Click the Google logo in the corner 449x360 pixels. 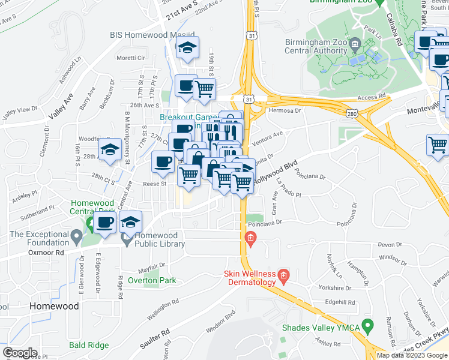click(19, 353)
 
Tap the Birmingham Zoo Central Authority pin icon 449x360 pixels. click(355, 44)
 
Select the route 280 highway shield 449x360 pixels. click(353, 113)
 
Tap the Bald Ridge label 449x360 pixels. click(89, 345)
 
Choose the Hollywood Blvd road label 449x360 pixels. click(275, 172)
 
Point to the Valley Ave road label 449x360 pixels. click(60, 106)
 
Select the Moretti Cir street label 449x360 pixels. click(131, 58)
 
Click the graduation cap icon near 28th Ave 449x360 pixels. click(110, 150)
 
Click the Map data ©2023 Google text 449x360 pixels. click(412, 355)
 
